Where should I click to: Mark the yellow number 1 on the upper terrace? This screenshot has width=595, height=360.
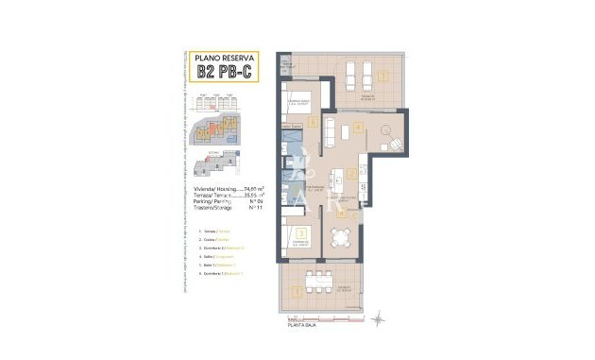point(382,74)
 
